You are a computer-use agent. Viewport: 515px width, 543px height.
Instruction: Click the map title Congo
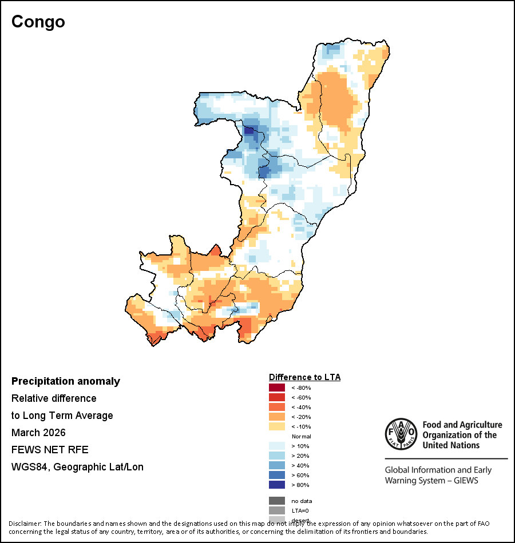[38, 22]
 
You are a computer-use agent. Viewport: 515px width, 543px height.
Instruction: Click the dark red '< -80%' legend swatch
[276, 388]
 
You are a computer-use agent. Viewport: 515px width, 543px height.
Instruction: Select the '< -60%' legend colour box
[276, 398]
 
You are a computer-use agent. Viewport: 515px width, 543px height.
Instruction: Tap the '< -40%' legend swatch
[276, 408]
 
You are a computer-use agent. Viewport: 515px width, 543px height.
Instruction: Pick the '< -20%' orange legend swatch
[276, 417]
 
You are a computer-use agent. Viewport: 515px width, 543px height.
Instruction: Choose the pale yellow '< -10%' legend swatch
[276, 427]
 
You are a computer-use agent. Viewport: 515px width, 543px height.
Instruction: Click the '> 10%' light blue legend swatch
[276, 446]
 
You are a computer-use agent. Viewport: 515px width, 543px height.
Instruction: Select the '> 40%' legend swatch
[276, 466]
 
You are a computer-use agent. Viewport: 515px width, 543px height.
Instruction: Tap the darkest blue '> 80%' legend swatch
[276, 485]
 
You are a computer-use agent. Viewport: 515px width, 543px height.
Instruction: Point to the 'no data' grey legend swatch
[276, 501]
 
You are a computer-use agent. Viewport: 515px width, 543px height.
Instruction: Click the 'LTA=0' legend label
[300, 510]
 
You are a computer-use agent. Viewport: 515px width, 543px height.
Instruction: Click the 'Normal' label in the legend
[302, 437]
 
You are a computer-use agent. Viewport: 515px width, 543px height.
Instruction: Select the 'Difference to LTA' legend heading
[304, 377]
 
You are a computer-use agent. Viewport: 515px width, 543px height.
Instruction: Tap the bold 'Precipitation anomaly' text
[66, 381]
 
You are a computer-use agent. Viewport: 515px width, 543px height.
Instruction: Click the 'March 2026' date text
[38, 433]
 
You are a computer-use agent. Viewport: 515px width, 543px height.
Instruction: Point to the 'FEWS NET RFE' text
[50, 450]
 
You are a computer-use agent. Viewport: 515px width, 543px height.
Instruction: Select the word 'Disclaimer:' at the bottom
[25, 524]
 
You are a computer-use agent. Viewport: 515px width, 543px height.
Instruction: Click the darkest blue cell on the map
[249, 130]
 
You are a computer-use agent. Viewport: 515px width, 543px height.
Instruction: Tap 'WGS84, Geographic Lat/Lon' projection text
[77, 467]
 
